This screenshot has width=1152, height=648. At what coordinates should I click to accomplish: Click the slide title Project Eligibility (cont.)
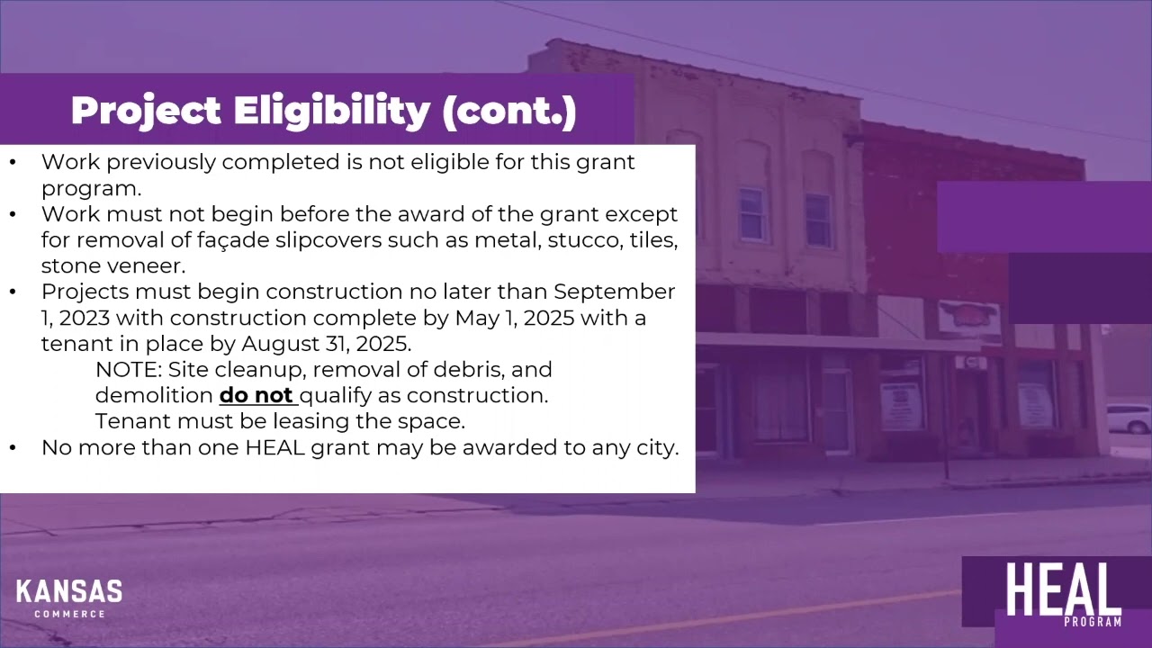(323, 111)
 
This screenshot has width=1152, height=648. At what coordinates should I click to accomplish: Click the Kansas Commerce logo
(69, 598)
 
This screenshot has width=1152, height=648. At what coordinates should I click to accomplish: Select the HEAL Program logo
(1062, 595)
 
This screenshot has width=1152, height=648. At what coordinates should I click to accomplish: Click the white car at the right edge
(1129, 418)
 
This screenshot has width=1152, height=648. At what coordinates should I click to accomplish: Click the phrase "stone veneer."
(112, 266)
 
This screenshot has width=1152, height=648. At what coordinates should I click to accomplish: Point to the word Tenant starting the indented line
(131, 421)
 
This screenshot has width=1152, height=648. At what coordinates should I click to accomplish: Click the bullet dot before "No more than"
(13, 447)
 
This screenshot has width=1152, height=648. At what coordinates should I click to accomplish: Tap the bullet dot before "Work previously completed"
(13, 162)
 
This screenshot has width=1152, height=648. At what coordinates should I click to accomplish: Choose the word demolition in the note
(154, 395)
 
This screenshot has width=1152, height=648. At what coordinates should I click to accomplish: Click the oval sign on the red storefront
(968, 317)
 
